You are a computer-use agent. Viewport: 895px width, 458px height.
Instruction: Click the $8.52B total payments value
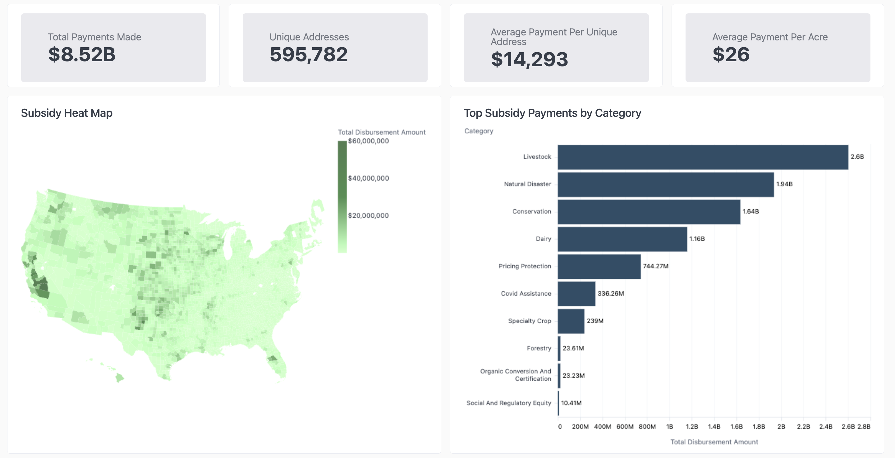click(x=82, y=55)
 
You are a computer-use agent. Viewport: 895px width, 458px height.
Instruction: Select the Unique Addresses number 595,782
click(x=309, y=55)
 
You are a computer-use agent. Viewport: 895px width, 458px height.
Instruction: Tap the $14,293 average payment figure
click(x=530, y=59)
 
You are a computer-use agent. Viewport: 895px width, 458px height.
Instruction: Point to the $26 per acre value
click(x=731, y=55)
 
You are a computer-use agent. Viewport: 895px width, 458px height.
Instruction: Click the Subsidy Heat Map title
click(x=67, y=113)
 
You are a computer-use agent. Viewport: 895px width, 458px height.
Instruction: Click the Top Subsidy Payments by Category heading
click(x=553, y=113)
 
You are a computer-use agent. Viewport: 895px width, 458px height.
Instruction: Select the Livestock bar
click(x=703, y=157)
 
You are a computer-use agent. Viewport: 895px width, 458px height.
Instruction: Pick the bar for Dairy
click(x=622, y=239)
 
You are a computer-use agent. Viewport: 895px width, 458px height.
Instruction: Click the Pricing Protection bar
click(x=599, y=267)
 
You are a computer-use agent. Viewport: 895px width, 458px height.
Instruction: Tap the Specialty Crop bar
click(x=571, y=321)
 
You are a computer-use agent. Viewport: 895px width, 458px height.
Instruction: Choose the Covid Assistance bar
click(x=576, y=294)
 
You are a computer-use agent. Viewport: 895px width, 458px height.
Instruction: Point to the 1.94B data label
click(x=784, y=184)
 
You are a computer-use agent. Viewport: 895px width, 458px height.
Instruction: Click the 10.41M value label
click(x=571, y=403)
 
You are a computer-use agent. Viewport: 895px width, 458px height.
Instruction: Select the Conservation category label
click(x=532, y=212)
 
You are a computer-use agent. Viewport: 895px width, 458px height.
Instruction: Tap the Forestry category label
click(x=539, y=348)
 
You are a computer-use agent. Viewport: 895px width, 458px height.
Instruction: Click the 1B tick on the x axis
click(x=669, y=427)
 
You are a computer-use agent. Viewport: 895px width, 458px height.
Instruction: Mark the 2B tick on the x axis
click(x=781, y=427)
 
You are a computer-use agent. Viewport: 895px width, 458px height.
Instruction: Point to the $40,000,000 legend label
click(x=368, y=178)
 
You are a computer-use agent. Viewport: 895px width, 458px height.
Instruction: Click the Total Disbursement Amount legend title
click(x=382, y=132)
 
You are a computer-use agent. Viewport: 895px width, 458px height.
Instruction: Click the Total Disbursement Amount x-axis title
click(x=714, y=442)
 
